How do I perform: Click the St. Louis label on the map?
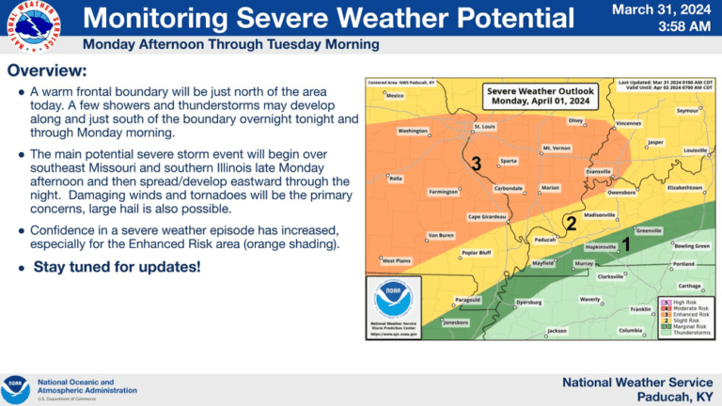[484, 126]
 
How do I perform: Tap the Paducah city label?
[545, 240]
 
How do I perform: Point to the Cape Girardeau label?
[488, 217]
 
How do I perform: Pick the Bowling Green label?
[692, 245]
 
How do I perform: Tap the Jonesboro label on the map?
[455, 322]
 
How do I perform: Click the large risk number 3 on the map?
[477, 164]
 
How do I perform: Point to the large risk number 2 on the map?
[570, 223]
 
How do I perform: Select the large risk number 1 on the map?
[626, 242]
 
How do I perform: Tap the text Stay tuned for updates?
[117, 267]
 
